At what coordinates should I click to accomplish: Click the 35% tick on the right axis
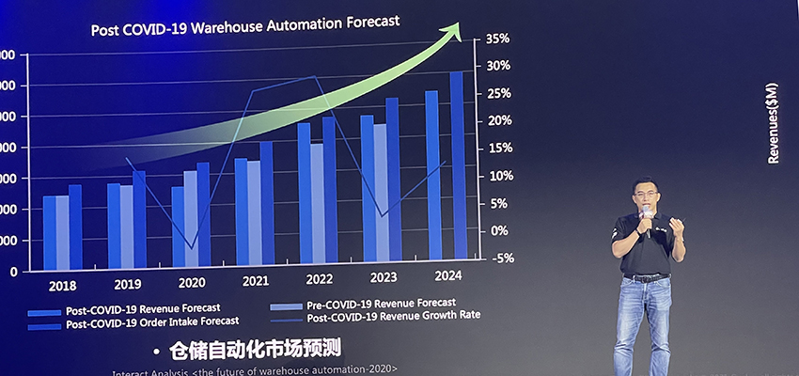point(497,39)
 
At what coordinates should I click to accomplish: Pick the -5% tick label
point(501,258)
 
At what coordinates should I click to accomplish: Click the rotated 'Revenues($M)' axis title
point(773,123)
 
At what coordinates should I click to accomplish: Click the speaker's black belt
point(646,277)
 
